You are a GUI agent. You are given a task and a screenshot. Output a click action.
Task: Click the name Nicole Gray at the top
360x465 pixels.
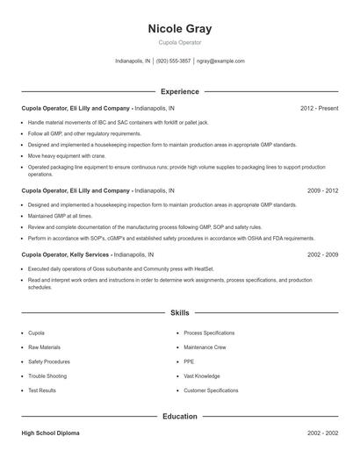coord(180,29)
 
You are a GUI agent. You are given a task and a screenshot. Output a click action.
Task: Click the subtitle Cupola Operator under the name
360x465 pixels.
coord(180,42)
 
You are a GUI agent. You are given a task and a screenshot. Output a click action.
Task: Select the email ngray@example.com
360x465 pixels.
coord(220,61)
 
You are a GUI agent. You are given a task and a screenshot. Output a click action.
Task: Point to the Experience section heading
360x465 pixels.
coord(180,91)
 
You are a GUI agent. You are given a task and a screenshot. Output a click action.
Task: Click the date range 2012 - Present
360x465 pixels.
coord(319,108)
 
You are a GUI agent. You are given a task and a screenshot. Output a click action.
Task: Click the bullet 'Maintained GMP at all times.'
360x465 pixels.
coord(60,215)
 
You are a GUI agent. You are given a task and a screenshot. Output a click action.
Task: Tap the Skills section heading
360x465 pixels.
coord(180,311)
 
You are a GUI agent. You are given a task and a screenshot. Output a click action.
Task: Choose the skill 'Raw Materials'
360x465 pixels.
coord(45,347)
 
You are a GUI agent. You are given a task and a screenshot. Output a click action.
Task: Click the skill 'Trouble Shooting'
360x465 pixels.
coord(47,376)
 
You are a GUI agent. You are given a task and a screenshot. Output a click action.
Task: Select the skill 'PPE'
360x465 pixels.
coord(190,361)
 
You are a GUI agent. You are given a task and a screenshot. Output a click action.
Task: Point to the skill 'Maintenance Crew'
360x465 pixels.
coord(205,347)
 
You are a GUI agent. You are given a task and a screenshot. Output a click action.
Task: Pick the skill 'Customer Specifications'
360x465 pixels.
coord(211,390)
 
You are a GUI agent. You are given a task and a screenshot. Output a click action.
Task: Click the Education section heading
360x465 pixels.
coord(180,417)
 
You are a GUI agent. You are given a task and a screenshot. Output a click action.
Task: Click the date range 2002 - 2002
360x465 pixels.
coord(322,433)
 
